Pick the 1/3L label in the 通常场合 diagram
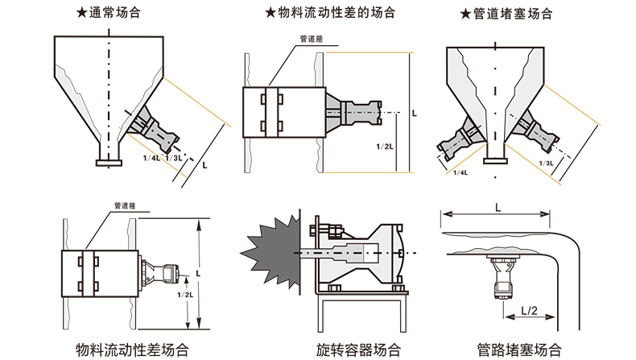click(x=172, y=158)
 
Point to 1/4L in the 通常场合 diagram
click(x=151, y=158)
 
